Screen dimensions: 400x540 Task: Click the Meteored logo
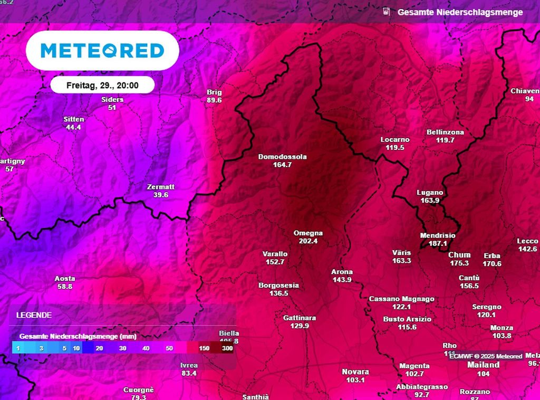tap(102, 51)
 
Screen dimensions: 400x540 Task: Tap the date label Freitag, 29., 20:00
tap(102, 85)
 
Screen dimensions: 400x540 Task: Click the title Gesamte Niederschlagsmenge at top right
tap(460, 12)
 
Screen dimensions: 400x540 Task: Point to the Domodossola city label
tap(282, 157)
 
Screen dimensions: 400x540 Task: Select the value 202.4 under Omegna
tap(308, 241)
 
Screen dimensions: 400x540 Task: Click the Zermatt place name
tap(160, 187)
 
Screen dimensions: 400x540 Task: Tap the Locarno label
tap(394, 140)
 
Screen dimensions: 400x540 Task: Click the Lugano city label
tap(430, 193)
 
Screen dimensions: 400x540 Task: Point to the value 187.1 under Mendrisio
tap(438, 244)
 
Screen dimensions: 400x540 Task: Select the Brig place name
tap(214, 92)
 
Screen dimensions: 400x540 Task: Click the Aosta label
tap(65, 279)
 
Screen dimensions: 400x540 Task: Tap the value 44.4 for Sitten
tap(73, 127)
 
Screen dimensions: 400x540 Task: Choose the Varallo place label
tap(275, 254)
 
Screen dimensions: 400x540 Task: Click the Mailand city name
tap(483, 365)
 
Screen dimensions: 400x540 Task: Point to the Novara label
tap(355, 372)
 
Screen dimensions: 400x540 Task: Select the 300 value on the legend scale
tap(227, 348)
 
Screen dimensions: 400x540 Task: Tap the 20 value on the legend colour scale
tap(99, 348)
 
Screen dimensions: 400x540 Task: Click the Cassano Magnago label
tap(401, 299)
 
